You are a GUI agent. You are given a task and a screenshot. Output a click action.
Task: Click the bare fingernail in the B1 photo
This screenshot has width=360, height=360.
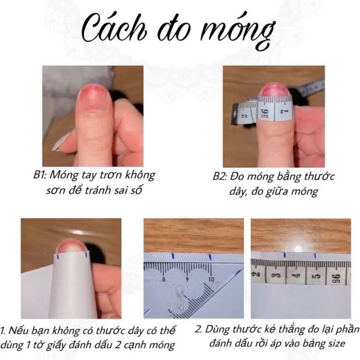pos(92,97)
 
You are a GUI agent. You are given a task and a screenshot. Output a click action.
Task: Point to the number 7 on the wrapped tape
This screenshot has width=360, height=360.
pos(283,110)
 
